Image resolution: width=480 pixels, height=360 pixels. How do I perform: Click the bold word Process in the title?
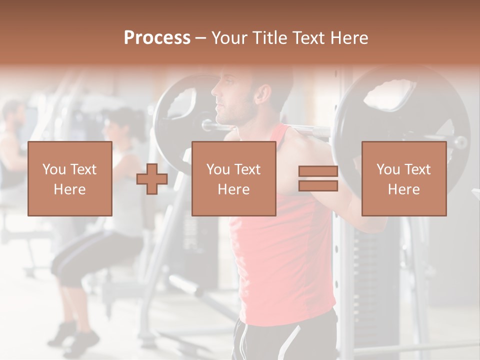click(157, 38)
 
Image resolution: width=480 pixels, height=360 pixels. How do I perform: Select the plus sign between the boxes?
click(152, 179)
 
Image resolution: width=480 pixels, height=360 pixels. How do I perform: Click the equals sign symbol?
click(318, 178)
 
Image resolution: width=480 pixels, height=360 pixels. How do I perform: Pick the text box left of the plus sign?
click(69, 178)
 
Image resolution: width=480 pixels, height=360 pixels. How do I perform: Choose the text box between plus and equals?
click(233, 178)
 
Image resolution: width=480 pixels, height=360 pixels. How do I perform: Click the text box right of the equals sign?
click(403, 178)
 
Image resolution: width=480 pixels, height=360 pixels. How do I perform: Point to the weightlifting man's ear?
click(263, 93)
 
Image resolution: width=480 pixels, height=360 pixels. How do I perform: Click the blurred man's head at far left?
click(13, 114)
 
